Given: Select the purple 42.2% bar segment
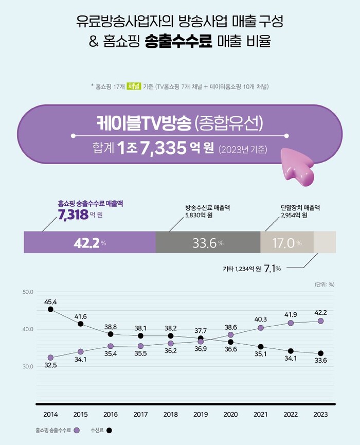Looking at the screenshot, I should (x=89, y=242).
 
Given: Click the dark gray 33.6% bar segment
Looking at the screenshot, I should (x=208, y=242).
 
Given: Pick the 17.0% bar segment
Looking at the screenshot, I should (x=286, y=242).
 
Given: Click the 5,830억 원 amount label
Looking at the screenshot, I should (x=199, y=215).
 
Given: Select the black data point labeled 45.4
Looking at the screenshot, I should (x=50, y=309).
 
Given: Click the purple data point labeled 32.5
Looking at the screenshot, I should (x=50, y=358).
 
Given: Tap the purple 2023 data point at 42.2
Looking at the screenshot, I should (x=321, y=321).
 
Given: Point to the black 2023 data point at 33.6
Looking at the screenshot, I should (x=321, y=353).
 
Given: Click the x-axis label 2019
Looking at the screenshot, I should (x=201, y=414).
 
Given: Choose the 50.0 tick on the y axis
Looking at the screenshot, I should (x=28, y=292).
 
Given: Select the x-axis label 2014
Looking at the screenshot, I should (x=50, y=414).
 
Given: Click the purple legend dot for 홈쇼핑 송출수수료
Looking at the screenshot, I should (x=77, y=430).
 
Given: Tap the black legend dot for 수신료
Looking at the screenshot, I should (x=109, y=430).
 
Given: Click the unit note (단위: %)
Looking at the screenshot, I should (x=324, y=283).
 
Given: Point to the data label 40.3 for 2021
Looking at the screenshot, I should (x=261, y=319).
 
